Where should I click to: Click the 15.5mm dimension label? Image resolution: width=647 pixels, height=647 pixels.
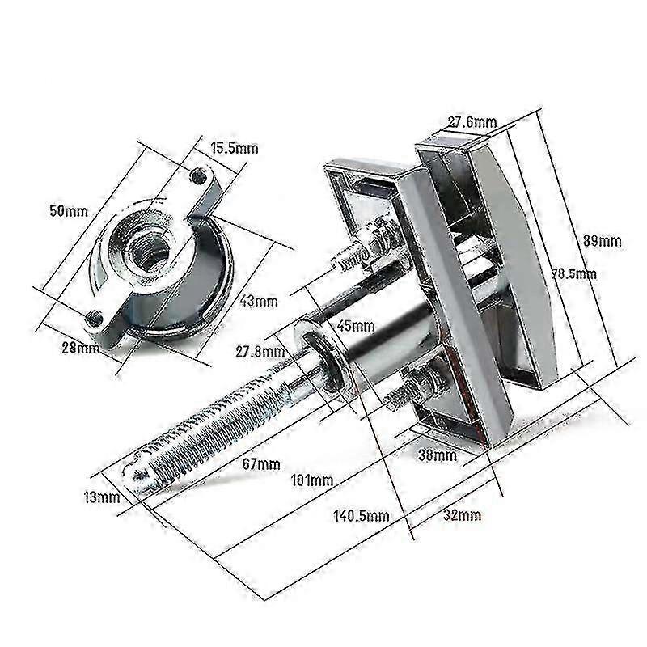[x=235, y=148]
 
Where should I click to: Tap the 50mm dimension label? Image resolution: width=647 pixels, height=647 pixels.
[x=68, y=212]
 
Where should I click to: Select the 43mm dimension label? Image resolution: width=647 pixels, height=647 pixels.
[x=258, y=301]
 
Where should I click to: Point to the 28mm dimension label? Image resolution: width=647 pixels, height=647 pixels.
[x=82, y=349]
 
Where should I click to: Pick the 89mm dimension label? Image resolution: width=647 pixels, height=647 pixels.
[x=603, y=239]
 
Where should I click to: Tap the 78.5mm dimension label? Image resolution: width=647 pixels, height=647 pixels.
[x=576, y=274]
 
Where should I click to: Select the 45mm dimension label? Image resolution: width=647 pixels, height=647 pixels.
[x=357, y=326]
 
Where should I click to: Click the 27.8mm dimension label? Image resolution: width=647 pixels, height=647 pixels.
[x=260, y=352]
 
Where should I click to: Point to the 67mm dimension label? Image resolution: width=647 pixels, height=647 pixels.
[x=262, y=464]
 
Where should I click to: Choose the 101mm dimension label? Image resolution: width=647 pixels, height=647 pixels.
[x=311, y=480]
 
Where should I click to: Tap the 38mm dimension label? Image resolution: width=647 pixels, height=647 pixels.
[x=437, y=456]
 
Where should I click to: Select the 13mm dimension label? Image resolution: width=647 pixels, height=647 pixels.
[x=101, y=497]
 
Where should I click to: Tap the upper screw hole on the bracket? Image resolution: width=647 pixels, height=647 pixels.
[x=196, y=174]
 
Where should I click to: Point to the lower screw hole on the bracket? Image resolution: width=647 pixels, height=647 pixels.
[x=97, y=316]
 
